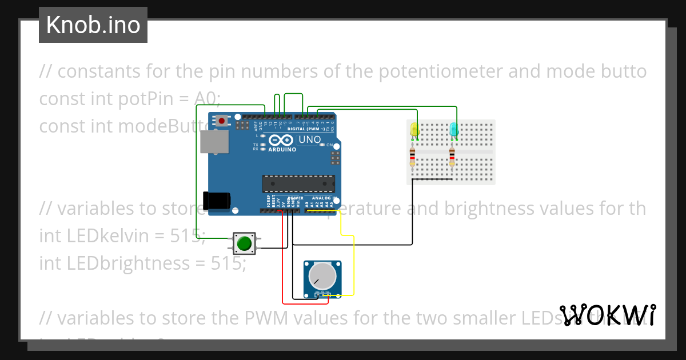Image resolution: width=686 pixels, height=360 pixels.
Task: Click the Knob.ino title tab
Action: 93,25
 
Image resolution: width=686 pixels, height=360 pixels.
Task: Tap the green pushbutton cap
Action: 244,243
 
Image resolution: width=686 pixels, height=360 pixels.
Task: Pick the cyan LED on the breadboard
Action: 454,130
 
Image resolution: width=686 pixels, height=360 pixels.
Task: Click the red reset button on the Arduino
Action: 221,120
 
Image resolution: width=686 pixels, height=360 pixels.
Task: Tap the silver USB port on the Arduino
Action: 214,141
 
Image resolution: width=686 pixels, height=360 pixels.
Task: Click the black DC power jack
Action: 217,201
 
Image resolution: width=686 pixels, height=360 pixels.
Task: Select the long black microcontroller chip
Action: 298,183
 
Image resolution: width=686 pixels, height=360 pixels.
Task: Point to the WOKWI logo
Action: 607,315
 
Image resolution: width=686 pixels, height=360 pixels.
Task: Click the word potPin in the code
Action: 144,99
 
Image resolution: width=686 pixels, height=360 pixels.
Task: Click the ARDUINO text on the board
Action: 282,150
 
